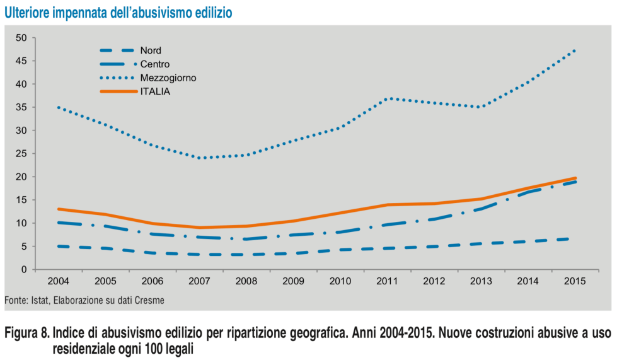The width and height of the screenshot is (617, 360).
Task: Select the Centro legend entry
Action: (154, 64)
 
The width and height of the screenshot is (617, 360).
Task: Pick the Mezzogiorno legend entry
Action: (168, 78)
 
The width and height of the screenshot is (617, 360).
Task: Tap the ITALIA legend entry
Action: (155, 91)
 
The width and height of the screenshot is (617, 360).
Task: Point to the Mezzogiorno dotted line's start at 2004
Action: (59, 107)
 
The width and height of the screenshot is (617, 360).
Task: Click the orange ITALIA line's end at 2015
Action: (575, 178)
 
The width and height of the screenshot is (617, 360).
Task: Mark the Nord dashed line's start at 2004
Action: (59, 246)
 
